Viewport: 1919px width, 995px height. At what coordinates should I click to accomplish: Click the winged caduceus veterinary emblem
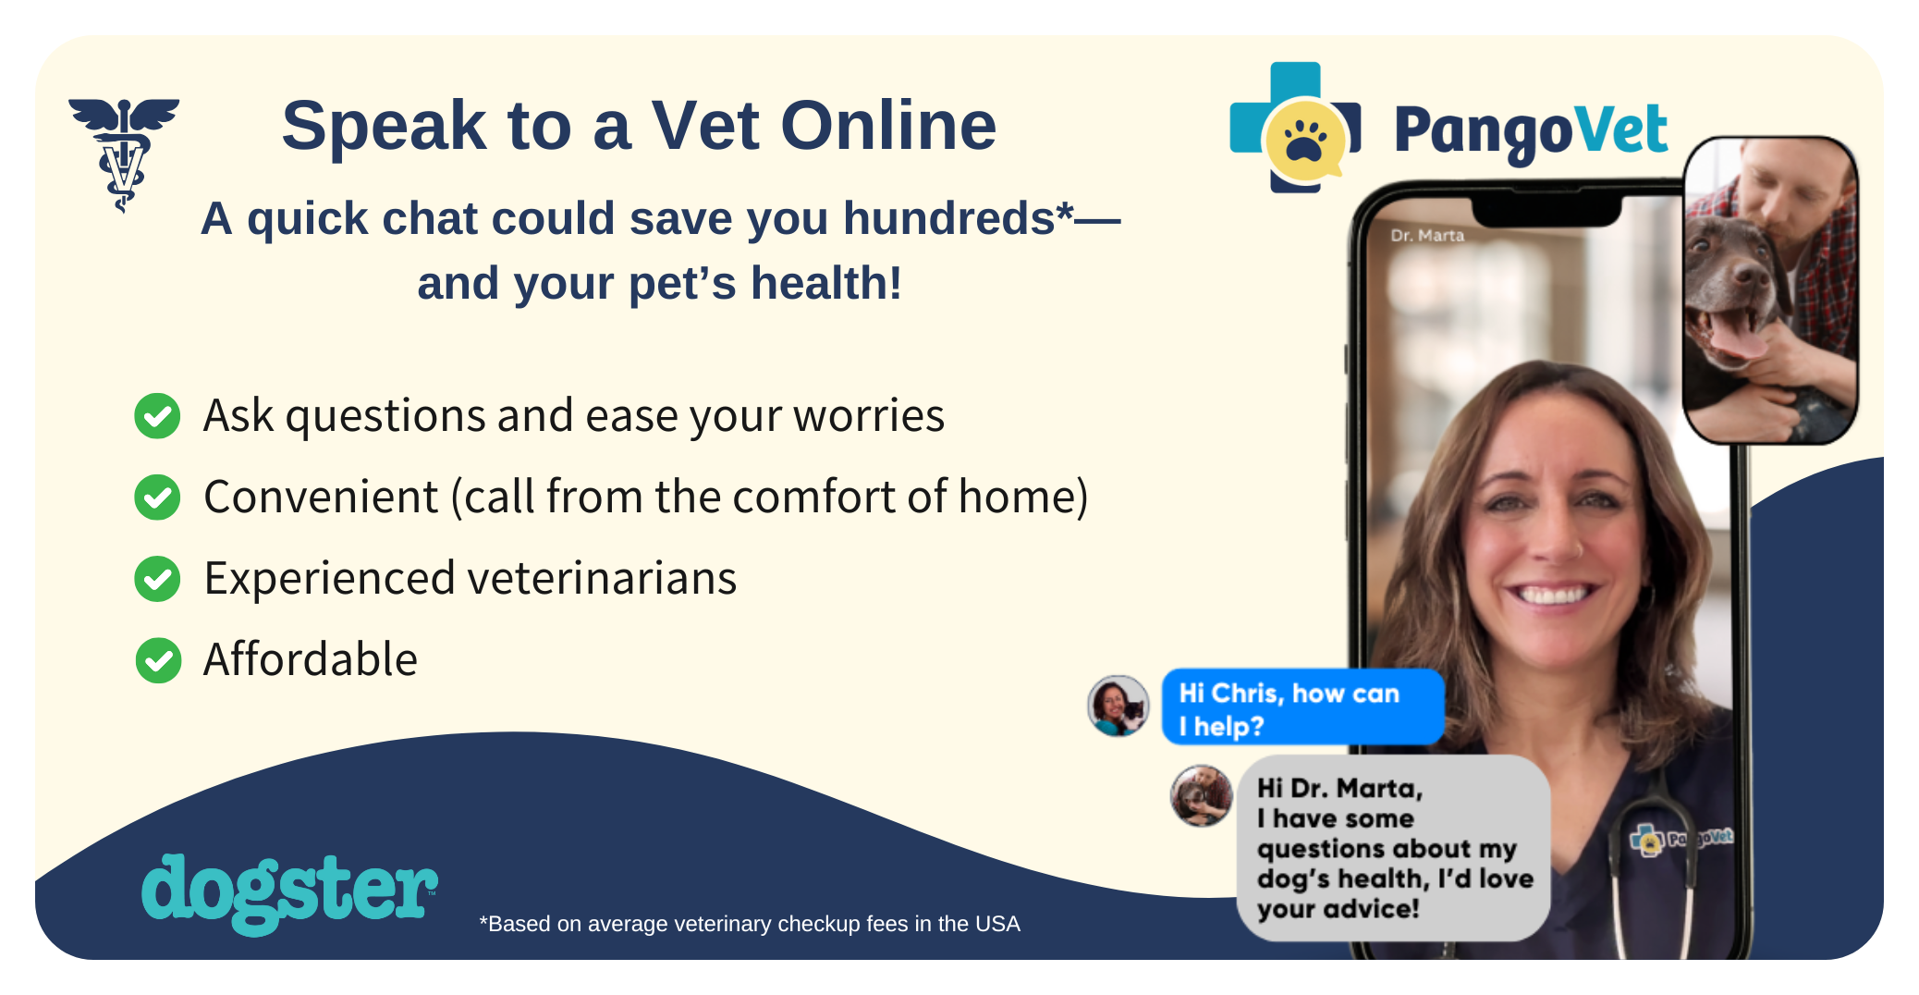click(124, 153)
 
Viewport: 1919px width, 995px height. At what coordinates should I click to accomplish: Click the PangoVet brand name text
click(1530, 131)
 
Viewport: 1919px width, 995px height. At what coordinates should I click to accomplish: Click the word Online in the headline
click(888, 126)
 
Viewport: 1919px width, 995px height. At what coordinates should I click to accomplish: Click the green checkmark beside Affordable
click(158, 660)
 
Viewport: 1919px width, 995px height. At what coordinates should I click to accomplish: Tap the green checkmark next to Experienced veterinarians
click(158, 579)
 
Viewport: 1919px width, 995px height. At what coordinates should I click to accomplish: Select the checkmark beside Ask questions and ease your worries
click(158, 416)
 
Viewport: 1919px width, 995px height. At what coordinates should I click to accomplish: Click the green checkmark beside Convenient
click(158, 497)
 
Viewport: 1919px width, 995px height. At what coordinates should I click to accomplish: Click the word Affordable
click(311, 660)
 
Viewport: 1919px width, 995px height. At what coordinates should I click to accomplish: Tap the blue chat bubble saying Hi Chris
click(1302, 708)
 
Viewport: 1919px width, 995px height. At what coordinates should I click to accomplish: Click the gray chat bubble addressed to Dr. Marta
click(1392, 848)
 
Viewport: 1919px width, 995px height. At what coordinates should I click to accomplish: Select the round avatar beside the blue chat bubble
click(1118, 706)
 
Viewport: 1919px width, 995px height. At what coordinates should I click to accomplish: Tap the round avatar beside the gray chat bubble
click(1201, 795)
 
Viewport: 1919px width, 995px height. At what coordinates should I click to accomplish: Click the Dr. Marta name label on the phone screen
click(1427, 236)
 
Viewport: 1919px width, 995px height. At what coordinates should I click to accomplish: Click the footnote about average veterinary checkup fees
click(749, 924)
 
